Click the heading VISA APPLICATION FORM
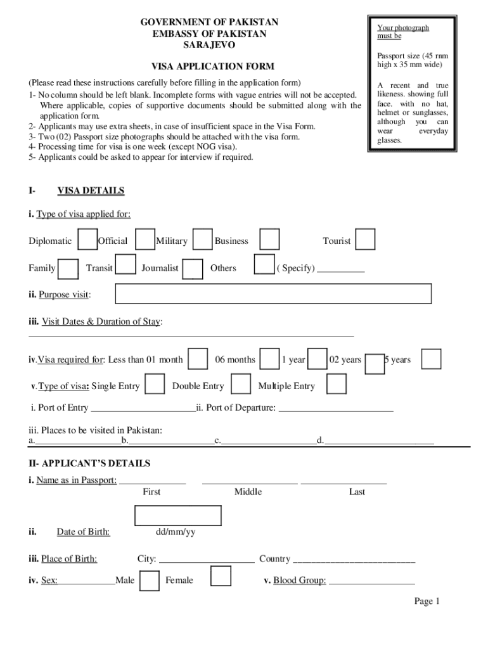212,66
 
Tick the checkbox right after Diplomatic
87,240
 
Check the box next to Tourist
364,240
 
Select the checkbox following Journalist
193,268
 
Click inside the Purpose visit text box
273,294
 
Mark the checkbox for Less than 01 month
198,359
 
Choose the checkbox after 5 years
432,359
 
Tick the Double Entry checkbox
241,385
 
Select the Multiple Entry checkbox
337,385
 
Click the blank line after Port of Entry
143,409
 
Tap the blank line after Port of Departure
336,409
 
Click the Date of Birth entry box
178,515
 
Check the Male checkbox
149,580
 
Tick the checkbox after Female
221,576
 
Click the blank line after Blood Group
371,581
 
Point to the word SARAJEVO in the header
209,45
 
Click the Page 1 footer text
427,601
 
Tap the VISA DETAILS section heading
91,191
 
